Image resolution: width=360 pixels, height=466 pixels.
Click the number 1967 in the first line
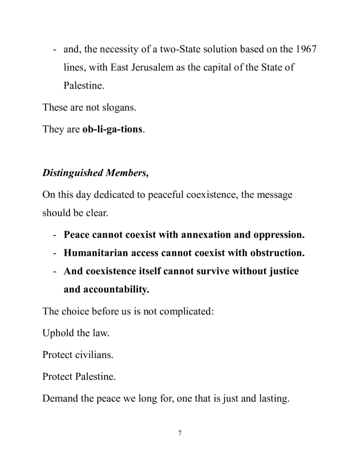tap(306, 49)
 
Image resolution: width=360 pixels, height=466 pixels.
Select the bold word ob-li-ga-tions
tap(113, 129)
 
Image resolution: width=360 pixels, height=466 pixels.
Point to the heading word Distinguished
tap(73, 173)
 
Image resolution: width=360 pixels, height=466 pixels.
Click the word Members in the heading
tap(127, 173)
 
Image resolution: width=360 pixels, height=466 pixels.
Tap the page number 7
tap(180, 433)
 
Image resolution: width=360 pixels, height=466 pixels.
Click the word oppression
tap(278, 235)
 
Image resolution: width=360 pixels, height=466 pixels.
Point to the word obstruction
tap(277, 253)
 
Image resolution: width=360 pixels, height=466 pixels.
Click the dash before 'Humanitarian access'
tap(56, 253)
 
